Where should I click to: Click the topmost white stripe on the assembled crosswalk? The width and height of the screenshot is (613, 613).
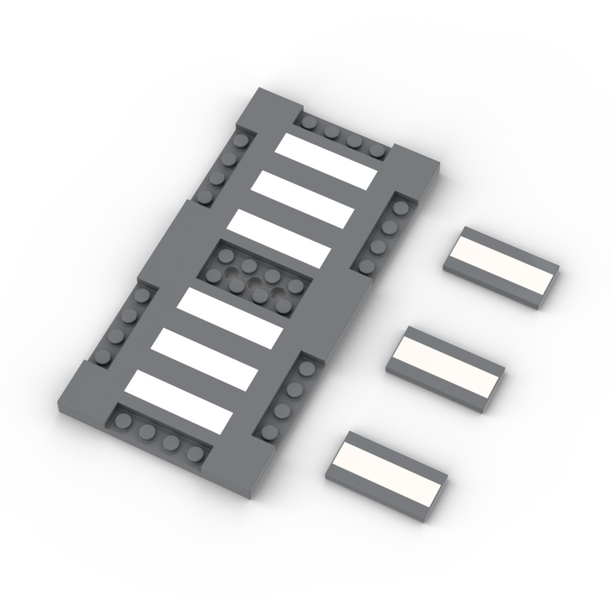[326, 162]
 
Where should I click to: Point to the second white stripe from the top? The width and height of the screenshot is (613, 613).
[303, 199]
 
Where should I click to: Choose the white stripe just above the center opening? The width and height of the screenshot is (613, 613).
[279, 238]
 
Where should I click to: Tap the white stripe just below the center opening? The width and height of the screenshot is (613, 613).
[229, 318]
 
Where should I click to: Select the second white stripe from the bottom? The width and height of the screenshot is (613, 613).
[205, 359]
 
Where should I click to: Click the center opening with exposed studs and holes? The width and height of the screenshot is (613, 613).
[254, 279]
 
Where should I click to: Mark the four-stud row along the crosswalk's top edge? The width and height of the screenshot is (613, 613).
[343, 136]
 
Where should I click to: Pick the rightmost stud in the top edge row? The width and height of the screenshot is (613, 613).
[376, 150]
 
